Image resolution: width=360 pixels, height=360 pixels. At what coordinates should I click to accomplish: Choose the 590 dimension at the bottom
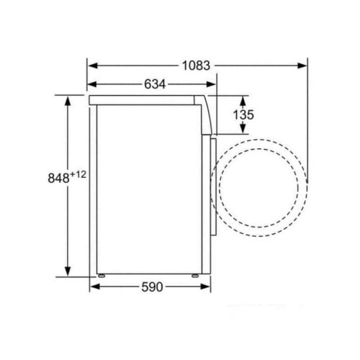(151, 287)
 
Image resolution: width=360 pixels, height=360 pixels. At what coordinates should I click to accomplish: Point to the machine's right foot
(196, 275)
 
